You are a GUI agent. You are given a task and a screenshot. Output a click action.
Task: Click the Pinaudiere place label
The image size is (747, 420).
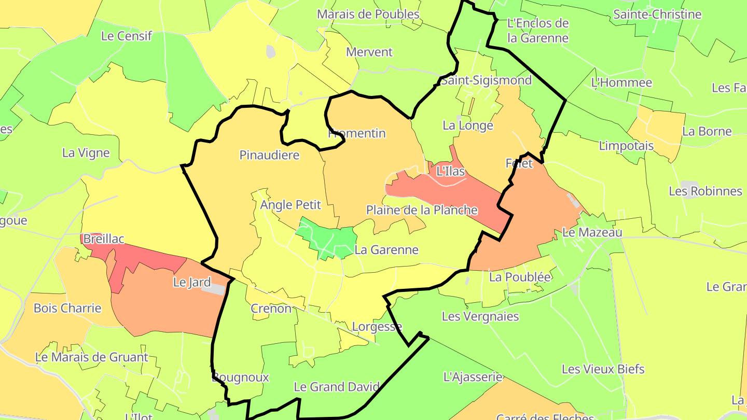coord(269,155)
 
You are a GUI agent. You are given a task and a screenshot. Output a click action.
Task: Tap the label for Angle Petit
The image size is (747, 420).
coord(290,205)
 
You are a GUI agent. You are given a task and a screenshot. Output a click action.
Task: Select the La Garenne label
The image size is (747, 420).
coord(386,249)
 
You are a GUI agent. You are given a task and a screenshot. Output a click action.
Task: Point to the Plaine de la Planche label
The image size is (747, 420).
coord(422,210)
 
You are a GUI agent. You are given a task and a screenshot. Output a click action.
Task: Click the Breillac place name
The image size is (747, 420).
coord(104,239)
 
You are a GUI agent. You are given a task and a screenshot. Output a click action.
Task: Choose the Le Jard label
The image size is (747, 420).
coord(192,283)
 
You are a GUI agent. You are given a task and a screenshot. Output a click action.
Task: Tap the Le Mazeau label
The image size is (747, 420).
coord(592,232)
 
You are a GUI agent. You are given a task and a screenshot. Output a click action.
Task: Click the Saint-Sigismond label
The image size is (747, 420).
coord(486,80)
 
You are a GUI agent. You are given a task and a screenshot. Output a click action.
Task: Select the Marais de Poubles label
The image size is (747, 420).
coord(368,14)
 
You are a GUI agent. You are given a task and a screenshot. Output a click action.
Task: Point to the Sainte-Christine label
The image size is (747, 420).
coord(657,14)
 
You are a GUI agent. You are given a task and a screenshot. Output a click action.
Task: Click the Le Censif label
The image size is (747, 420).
coord(127,36)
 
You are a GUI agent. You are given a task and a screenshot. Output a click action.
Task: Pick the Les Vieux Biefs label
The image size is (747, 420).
coord(603,369)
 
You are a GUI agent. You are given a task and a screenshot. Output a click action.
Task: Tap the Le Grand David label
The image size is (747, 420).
coord(337,387)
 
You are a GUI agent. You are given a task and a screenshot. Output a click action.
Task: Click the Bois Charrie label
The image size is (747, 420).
coord(67,308)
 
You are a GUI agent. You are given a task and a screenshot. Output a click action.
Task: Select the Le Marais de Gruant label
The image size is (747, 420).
coord(92,357)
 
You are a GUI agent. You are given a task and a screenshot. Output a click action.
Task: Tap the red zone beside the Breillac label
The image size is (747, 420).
coord(140,257)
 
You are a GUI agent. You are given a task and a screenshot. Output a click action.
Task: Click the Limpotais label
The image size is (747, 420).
coord(626,146)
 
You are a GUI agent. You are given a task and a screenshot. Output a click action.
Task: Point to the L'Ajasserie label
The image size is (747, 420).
coord(473,377)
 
